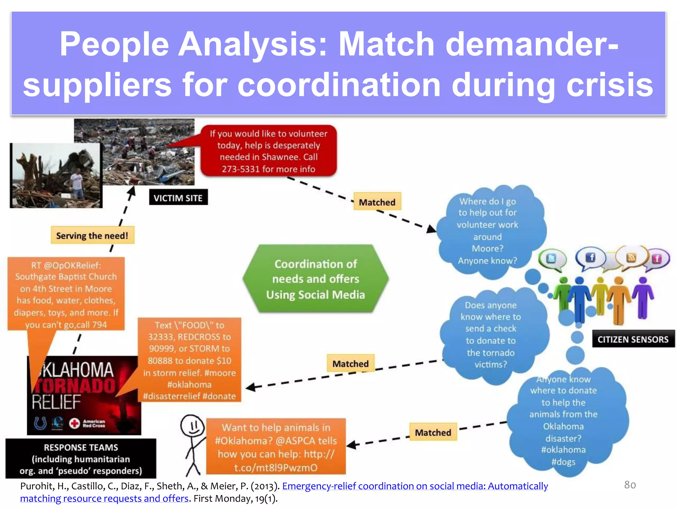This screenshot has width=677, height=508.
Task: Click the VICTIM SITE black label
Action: (178, 197)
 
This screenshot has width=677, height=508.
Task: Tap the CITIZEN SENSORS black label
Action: (633, 339)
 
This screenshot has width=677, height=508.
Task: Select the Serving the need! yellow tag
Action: (92, 235)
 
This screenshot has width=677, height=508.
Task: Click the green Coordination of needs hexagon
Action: (315, 279)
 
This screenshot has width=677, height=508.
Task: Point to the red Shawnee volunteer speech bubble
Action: (268, 151)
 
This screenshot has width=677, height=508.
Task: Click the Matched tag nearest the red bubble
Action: (377, 202)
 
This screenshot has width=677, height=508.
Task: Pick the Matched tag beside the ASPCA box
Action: (433, 432)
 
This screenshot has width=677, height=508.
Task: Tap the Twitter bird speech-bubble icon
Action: (551, 258)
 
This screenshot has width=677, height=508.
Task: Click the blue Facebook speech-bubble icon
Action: (590, 257)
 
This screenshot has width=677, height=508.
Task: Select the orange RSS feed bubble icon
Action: (631, 257)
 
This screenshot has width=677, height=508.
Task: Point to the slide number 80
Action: (630, 485)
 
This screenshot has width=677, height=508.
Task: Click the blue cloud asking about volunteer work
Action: (488, 231)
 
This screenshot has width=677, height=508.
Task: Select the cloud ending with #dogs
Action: (564, 420)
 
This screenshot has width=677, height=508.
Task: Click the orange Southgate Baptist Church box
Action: (66, 294)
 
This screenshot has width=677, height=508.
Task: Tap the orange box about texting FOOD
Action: (189, 360)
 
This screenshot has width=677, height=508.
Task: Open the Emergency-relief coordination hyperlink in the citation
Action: (415, 486)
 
